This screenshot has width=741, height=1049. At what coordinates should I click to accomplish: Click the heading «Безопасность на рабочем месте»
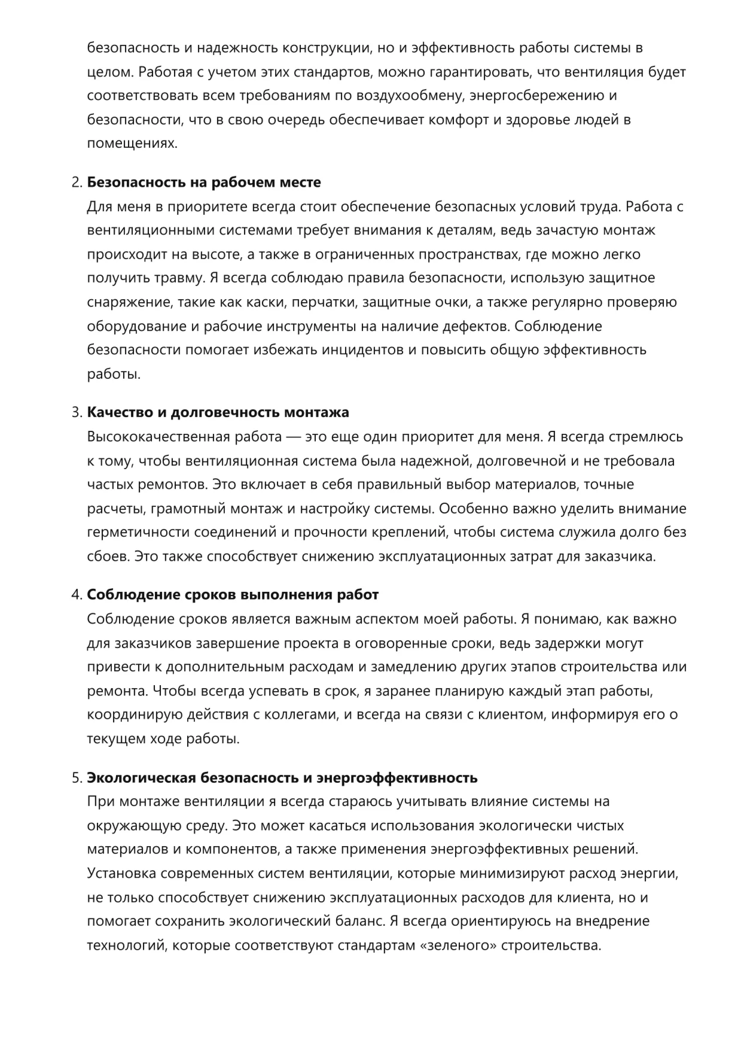204,182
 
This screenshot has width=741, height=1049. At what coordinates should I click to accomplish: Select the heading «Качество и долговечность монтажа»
218,412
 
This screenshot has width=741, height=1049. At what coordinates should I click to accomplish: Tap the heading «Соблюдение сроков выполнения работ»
233,595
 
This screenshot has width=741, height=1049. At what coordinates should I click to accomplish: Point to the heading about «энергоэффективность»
282,777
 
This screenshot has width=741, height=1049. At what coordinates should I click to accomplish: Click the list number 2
76,182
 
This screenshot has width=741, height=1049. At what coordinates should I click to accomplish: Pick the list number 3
76,412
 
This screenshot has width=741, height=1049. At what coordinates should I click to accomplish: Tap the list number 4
76,595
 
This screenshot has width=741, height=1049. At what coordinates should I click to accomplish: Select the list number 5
76,777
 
